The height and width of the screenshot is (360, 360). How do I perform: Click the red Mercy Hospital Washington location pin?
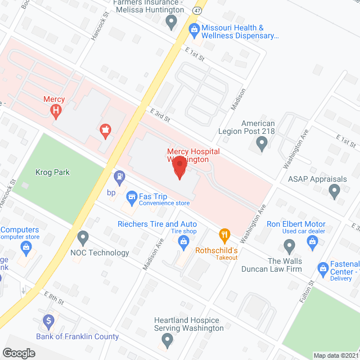click(x=179, y=168)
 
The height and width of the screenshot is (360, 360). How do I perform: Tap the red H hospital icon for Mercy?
click(x=56, y=111)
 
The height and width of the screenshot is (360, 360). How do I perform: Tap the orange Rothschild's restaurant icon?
click(x=224, y=235)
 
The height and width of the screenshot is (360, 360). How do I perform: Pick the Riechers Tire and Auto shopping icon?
click(x=183, y=242)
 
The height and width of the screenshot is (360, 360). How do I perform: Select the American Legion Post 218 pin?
click(x=261, y=144)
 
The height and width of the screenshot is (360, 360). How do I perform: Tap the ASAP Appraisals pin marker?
click(x=335, y=192)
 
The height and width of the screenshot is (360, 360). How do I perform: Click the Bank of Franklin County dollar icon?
click(x=48, y=321)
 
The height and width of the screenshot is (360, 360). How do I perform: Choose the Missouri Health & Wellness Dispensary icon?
click(x=193, y=28)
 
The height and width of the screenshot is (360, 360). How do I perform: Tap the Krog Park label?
click(x=52, y=172)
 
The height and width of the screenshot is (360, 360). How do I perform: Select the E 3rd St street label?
click(x=160, y=115)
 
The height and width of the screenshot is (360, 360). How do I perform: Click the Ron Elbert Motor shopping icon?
click(x=313, y=241)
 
